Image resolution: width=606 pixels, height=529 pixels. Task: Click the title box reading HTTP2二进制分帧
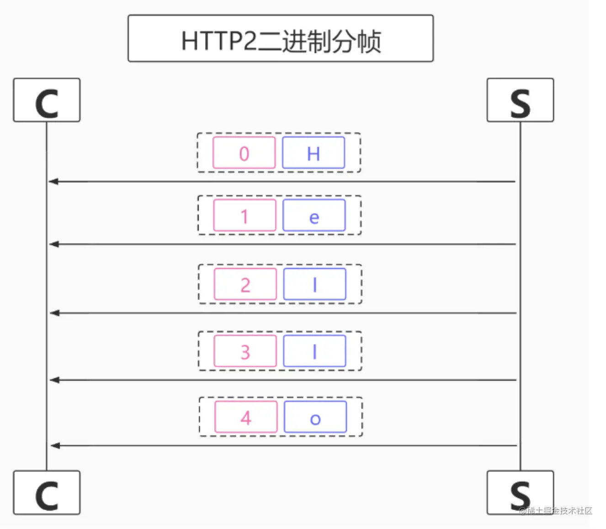281,38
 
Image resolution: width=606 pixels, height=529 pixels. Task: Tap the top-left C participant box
47,100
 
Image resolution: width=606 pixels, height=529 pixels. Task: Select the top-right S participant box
520,100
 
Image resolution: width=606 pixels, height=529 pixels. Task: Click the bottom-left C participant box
47,492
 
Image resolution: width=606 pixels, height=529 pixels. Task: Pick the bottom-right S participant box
520,492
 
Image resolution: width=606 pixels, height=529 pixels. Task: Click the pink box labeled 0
244,152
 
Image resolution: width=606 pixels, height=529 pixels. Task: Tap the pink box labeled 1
245,215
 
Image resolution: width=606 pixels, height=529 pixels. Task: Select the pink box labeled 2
245,284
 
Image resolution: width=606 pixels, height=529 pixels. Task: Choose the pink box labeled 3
245,351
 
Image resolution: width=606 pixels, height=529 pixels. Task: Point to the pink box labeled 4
246,417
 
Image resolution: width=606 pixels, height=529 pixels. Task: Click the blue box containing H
314,152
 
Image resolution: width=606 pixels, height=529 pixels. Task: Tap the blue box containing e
314,215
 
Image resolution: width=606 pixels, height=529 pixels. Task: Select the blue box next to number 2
314,284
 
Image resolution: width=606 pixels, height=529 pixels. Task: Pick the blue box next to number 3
314,351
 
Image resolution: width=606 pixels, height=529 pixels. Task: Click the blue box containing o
315,417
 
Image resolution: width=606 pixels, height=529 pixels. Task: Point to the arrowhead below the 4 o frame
55,446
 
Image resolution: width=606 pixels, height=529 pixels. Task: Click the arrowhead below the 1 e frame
54,244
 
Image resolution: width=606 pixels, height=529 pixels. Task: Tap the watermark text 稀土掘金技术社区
559,511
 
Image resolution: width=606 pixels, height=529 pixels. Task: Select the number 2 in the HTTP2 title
250,41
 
